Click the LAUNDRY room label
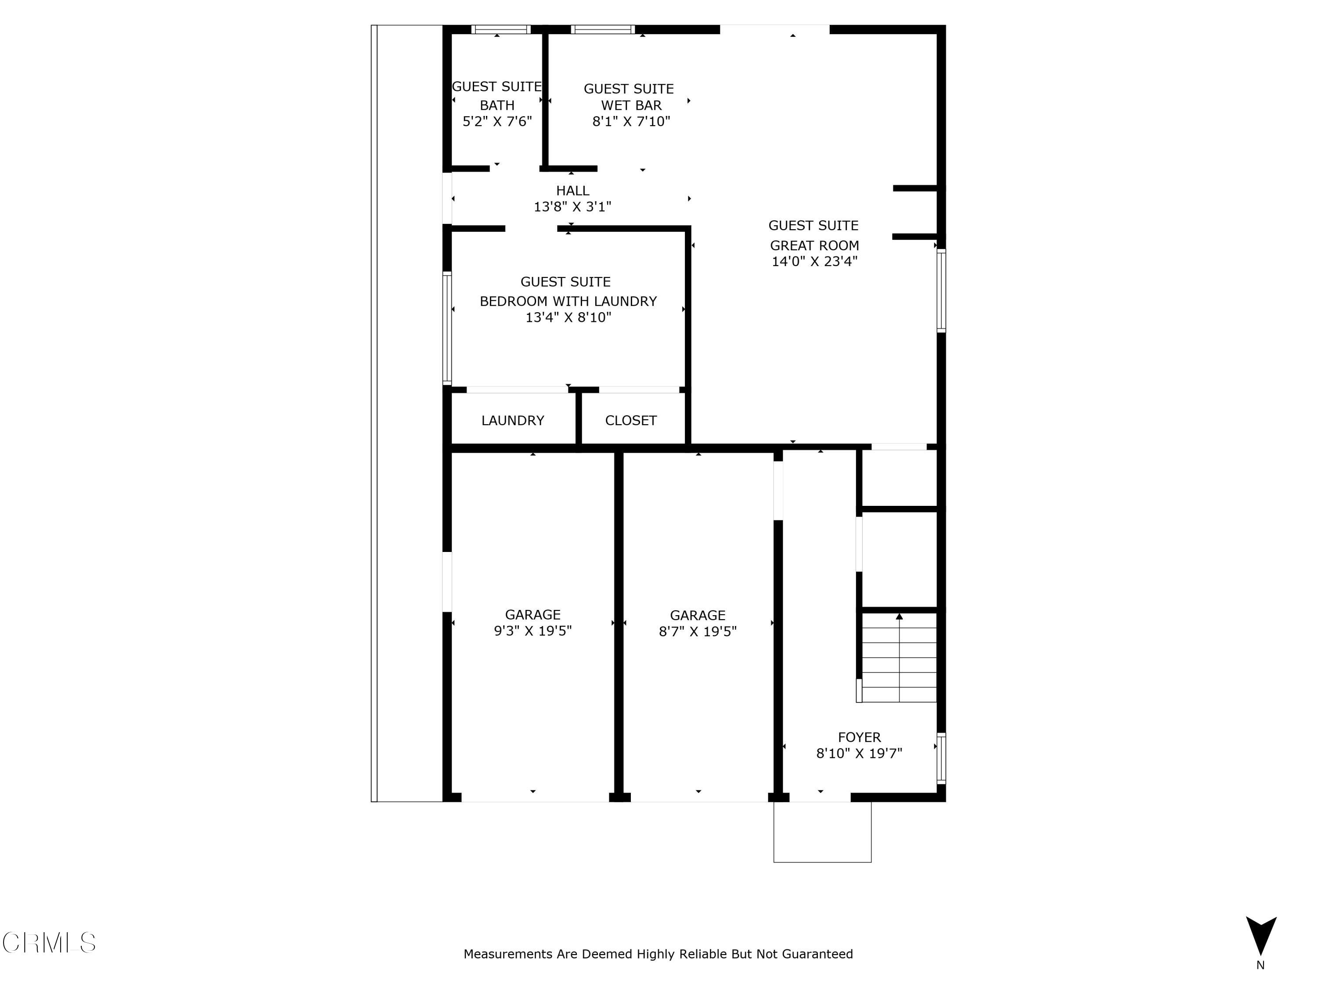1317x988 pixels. (513, 421)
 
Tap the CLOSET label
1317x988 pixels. (630, 421)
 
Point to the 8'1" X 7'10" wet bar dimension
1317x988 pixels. (631, 122)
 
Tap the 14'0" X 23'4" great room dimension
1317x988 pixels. (814, 261)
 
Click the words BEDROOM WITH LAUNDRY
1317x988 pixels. (568, 301)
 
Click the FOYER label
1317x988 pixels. (859, 737)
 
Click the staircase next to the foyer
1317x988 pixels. (899, 658)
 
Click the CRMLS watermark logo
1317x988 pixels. (49, 942)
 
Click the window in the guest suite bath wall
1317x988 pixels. (501, 29)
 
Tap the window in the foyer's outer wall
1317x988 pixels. (941, 758)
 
